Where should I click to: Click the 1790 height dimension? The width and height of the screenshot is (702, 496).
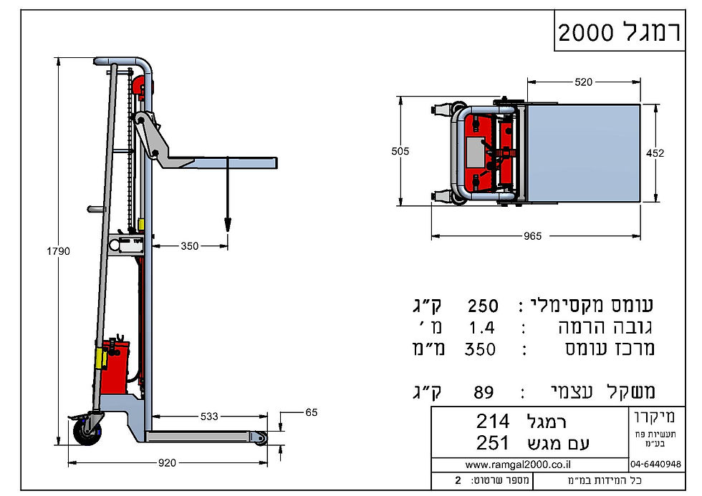coord(59,251)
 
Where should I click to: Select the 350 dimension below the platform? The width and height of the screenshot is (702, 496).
coord(189,246)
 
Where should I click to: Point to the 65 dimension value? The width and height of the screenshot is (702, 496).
coord(310,413)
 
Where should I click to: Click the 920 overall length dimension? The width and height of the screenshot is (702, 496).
coord(166,463)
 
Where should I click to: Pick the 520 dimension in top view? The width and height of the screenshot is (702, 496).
coord(584,83)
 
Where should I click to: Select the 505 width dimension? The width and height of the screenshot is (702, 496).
coord(400,152)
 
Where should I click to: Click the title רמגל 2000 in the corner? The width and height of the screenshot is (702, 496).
coord(620,32)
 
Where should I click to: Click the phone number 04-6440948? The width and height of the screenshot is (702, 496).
coord(656,464)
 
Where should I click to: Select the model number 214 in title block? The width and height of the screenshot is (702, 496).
coord(493,420)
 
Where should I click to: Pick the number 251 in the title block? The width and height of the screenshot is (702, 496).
coord(493,443)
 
